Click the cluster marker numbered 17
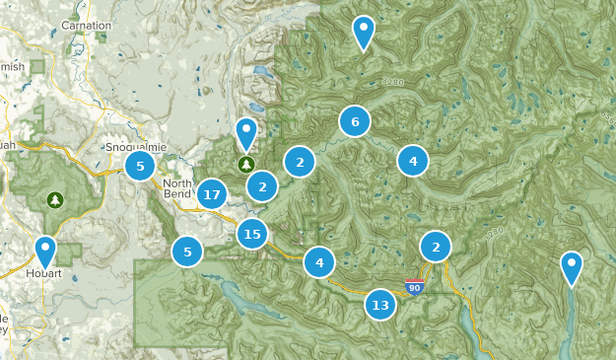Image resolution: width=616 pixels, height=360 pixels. coord(211,195)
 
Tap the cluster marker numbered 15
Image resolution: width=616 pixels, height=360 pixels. coord(252,234)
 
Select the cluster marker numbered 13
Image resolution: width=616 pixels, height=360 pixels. coord(380,306)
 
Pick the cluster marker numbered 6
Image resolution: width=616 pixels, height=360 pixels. coord(355,121)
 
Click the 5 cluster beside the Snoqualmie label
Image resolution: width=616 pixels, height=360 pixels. coord(140,167)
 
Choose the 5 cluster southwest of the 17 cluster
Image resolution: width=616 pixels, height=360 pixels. coord(187,252)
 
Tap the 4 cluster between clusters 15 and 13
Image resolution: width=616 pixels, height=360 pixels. coord(319,262)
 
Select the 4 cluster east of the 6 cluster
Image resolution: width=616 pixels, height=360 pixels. coord(413,161)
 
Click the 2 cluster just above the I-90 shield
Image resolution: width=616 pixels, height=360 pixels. coord(435,246)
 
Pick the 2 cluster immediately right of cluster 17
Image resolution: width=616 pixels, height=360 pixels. coord(262,185)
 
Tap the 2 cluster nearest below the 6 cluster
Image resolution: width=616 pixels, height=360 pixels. coord(300,161)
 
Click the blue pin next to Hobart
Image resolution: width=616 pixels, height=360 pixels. coord(44,251)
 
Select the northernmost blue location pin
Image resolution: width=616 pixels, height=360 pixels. coord(364,32)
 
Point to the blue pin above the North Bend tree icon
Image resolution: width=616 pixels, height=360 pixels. coord(245,132)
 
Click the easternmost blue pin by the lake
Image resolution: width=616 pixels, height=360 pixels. coord(571,266)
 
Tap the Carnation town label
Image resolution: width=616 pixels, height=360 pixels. coord(86,24)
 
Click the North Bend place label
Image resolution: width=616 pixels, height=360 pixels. coord(178,189)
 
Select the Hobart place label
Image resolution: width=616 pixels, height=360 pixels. coord(44,273)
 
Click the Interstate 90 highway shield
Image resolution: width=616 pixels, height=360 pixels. coord(415,287)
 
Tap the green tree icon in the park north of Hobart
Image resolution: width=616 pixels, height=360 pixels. coord(56,200)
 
